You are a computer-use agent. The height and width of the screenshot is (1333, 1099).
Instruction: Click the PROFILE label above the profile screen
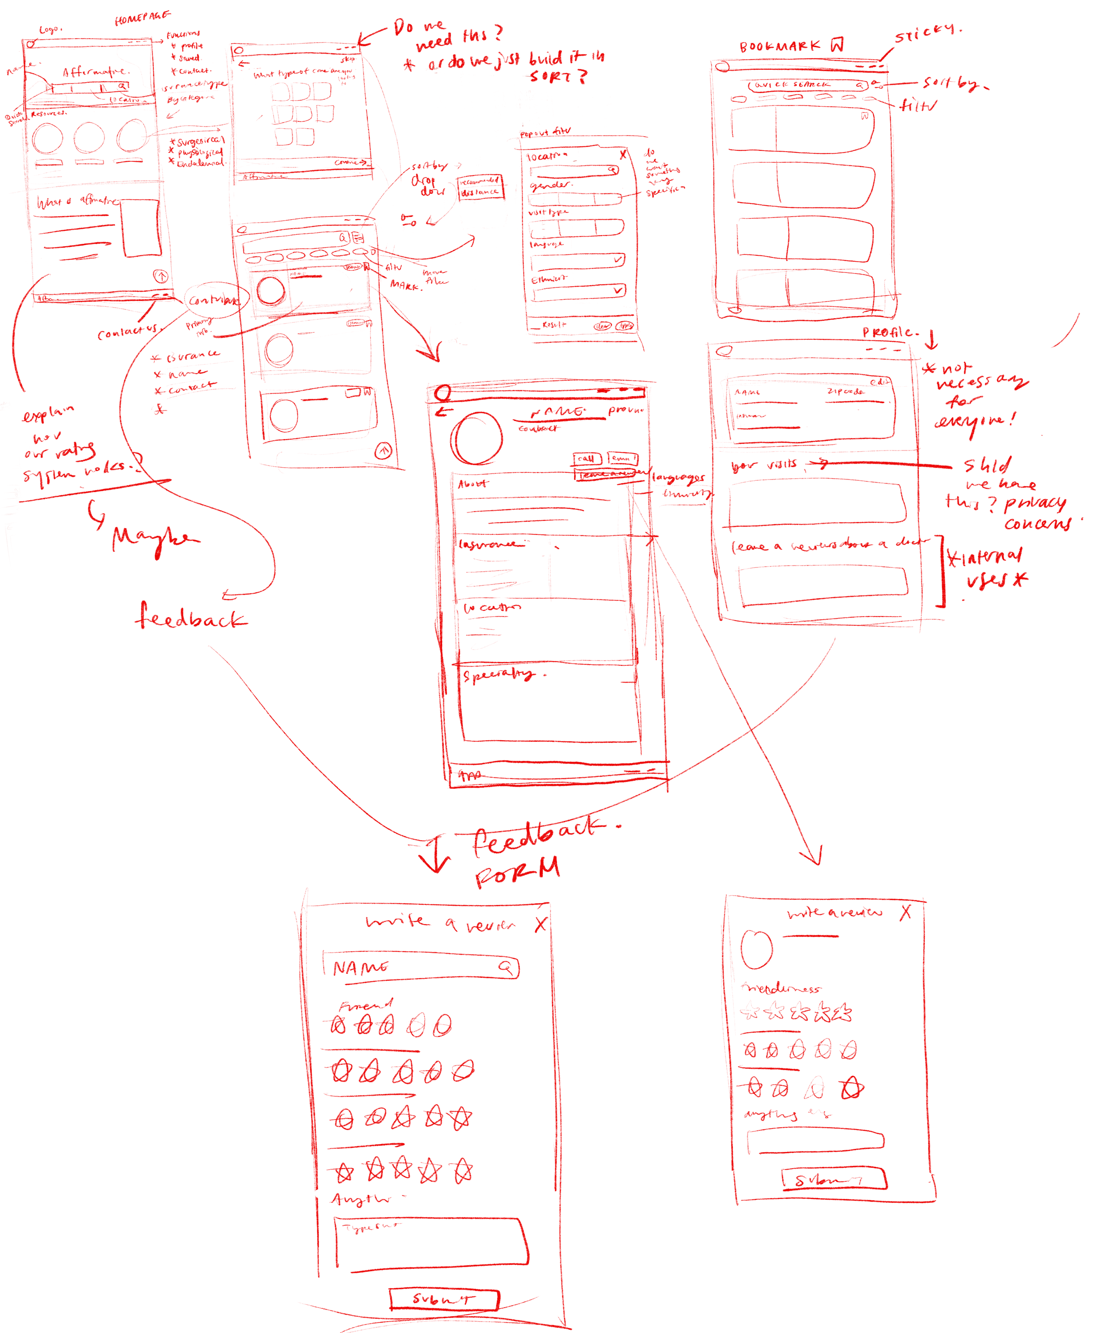(889, 332)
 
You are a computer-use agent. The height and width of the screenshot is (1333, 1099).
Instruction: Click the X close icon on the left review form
(540, 925)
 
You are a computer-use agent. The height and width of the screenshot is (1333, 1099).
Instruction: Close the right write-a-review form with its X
(906, 912)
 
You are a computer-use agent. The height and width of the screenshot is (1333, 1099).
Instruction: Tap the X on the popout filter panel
(623, 154)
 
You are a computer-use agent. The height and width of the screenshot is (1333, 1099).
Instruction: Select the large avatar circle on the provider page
(477, 438)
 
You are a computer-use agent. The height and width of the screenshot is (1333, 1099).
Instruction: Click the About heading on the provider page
(473, 483)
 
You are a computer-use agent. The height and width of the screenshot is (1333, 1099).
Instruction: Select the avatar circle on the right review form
(757, 949)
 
